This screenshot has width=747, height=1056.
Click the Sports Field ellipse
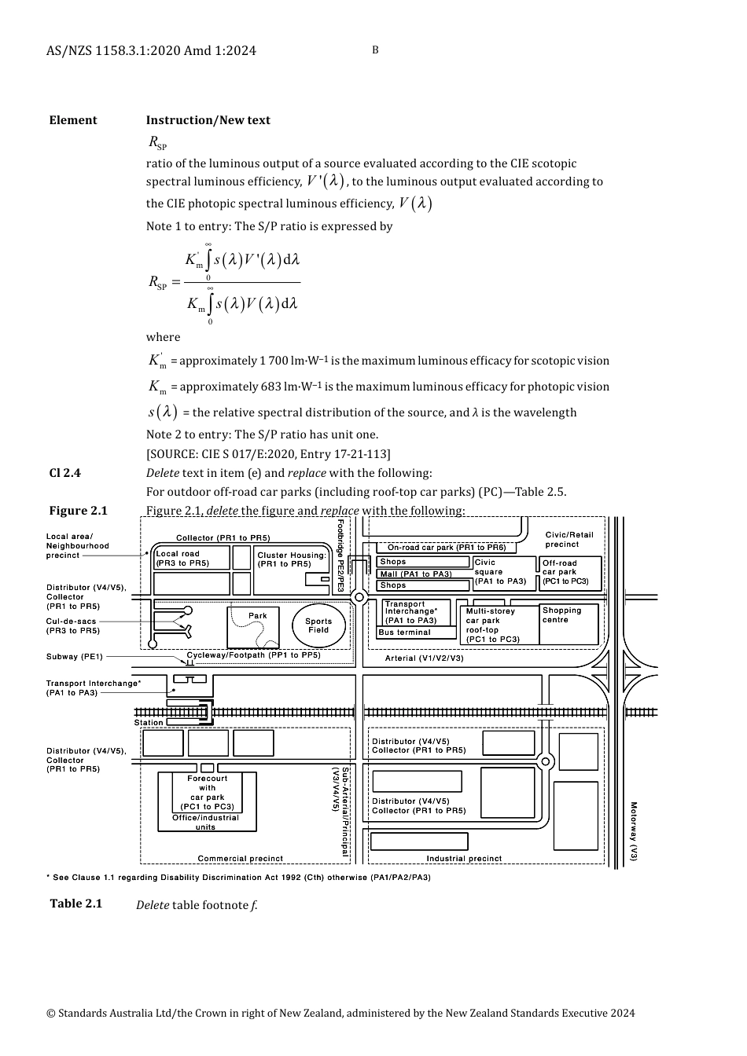click(x=318, y=625)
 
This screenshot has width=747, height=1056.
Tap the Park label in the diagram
click(x=257, y=616)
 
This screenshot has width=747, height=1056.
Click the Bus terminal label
click(x=405, y=632)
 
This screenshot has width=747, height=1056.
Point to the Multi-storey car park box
click(x=499, y=625)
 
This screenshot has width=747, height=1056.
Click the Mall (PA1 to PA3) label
click(x=415, y=574)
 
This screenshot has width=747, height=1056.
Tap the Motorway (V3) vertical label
click(x=633, y=831)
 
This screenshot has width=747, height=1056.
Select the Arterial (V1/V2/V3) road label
click(x=424, y=658)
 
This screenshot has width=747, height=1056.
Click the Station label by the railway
click(x=149, y=723)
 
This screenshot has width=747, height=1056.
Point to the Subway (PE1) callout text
click(x=74, y=657)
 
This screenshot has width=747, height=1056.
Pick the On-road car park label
click(x=447, y=548)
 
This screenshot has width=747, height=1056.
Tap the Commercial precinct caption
click(x=240, y=859)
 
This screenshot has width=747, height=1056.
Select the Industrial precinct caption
click(x=464, y=859)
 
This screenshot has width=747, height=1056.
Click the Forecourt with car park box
click(x=207, y=793)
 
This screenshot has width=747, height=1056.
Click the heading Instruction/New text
click(x=208, y=120)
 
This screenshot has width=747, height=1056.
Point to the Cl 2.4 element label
click(x=64, y=473)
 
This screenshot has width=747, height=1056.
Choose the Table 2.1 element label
click(x=75, y=904)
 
